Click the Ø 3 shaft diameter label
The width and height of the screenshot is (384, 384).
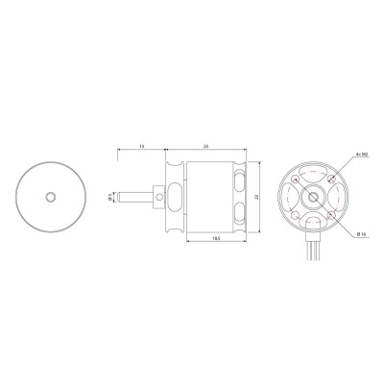109,197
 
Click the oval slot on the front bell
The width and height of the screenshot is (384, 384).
175,196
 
